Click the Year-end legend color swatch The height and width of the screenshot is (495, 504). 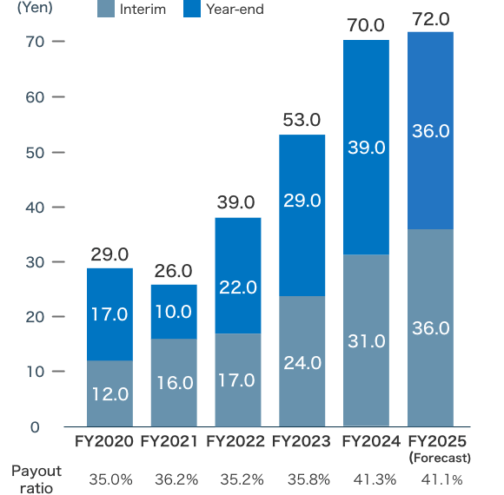click(x=191, y=10)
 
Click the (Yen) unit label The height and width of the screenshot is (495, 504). click(x=35, y=9)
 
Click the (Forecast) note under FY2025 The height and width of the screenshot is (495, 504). click(x=440, y=458)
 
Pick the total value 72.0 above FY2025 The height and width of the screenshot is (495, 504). click(x=431, y=19)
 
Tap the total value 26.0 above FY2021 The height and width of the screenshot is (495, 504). click(x=174, y=271)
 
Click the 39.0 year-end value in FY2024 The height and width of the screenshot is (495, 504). click(x=366, y=148)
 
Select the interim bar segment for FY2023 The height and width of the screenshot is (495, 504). click(x=302, y=360)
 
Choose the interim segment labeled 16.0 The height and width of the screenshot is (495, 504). click(x=174, y=382)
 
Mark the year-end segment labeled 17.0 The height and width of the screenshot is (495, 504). click(x=109, y=313)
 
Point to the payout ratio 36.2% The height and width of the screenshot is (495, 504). click(x=174, y=478)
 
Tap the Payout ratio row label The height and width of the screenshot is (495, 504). click(x=36, y=478)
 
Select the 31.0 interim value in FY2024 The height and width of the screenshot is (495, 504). click(x=366, y=341)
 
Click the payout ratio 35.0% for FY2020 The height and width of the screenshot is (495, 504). click(x=109, y=478)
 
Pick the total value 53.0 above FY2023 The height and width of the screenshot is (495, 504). click(x=302, y=120)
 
